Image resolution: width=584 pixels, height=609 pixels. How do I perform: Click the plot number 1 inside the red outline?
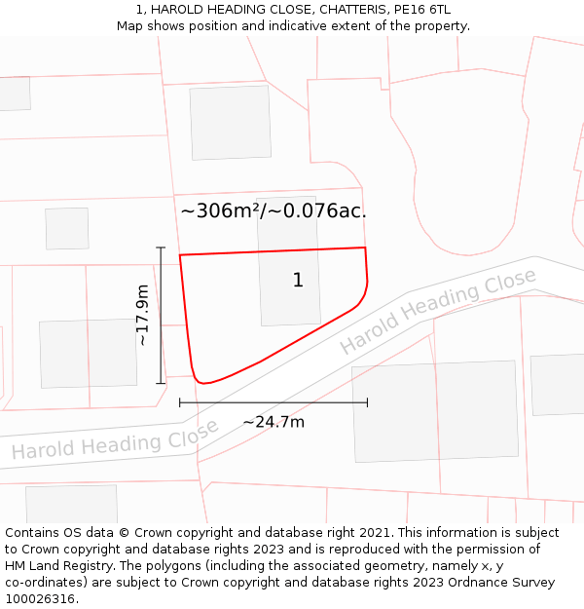[x=298, y=281]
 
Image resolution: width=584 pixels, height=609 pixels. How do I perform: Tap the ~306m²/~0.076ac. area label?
[x=274, y=210]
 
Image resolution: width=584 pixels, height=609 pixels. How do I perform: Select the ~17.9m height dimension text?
[x=143, y=315]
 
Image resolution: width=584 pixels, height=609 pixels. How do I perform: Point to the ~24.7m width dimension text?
[x=274, y=422]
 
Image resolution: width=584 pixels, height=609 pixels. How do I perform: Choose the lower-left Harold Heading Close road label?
[x=115, y=439]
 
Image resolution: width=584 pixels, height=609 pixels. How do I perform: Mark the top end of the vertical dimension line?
[x=161, y=247]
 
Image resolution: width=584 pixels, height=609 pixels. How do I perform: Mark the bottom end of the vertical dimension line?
[x=161, y=383]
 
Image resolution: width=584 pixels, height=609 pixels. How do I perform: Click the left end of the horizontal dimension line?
[x=180, y=401]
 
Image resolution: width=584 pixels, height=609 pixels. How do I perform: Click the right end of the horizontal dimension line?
[x=367, y=401]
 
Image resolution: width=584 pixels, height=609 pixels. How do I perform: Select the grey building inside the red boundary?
[x=289, y=283]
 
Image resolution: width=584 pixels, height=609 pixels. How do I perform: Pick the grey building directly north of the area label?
[x=231, y=122]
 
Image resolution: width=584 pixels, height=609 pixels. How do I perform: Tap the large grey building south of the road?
[x=435, y=410]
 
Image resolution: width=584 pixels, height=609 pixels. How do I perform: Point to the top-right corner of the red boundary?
[x=365, y=247]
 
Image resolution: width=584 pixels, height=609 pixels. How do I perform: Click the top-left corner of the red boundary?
[x=180, y=255]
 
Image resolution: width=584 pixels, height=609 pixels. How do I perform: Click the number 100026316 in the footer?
[x=40, y=598]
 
